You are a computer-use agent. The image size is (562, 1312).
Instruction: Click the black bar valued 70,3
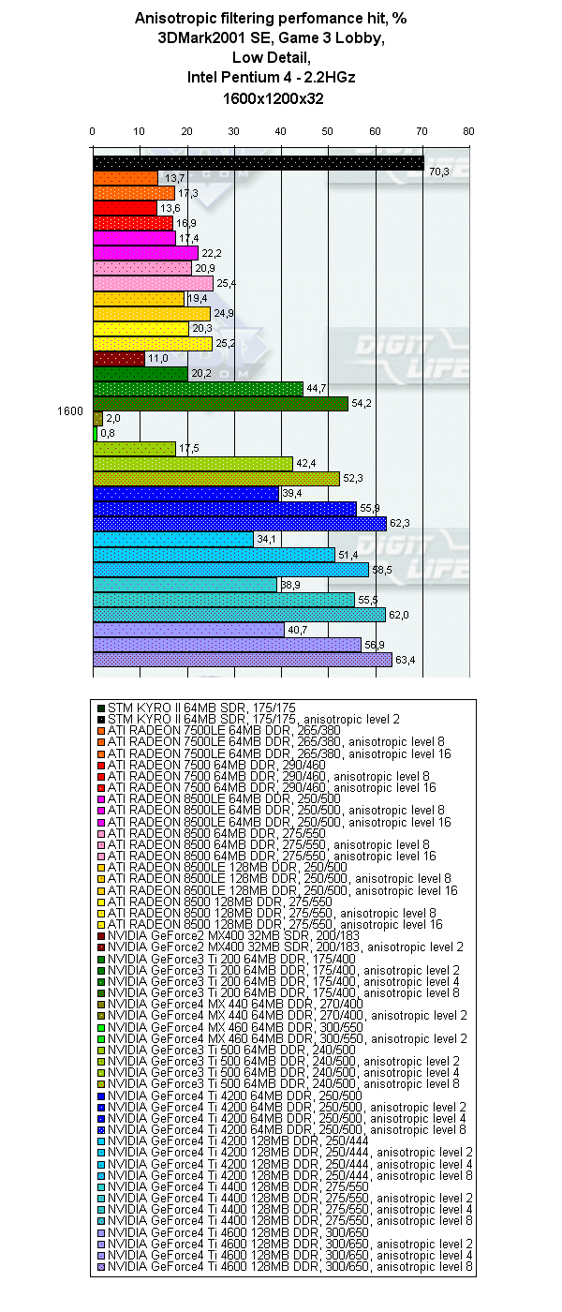[x=258, y=164]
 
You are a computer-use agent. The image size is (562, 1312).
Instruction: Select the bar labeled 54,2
[x=220, y=404]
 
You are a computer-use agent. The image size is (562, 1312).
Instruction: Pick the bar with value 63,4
[x=242, y=660]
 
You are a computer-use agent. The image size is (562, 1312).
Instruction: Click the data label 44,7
[x=317, y=389]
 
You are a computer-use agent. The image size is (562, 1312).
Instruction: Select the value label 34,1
[x=267, y=539]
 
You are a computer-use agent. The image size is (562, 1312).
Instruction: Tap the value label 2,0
[x=113, y=419]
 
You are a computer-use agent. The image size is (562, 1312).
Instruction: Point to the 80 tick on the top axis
[x=468, y=131]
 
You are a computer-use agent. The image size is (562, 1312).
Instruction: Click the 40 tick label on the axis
[x=281, y=131]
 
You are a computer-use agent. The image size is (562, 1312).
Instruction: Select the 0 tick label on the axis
[x=93, y=131]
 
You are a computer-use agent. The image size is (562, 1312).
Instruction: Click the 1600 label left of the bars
[x=68, y=411]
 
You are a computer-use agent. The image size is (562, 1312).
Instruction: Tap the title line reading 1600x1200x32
[x=273, y=98]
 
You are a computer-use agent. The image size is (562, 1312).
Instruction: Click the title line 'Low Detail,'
[x=273, y=58]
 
